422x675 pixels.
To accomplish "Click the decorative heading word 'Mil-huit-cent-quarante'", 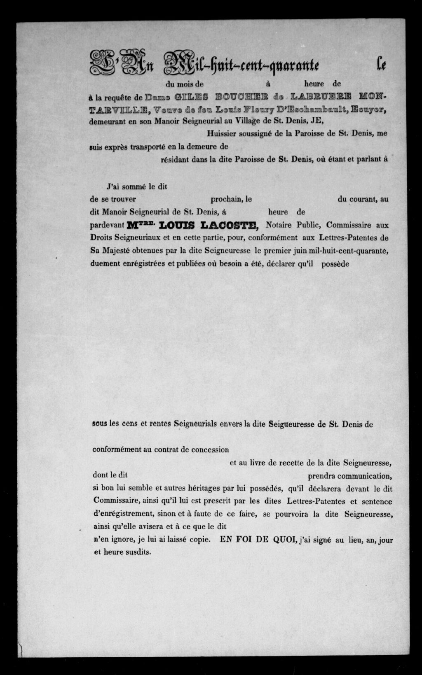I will click(x=241, y=64).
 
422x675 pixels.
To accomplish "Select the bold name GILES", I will click(x=191, y=97).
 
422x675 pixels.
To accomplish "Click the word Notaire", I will click(x=279, y=225).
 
